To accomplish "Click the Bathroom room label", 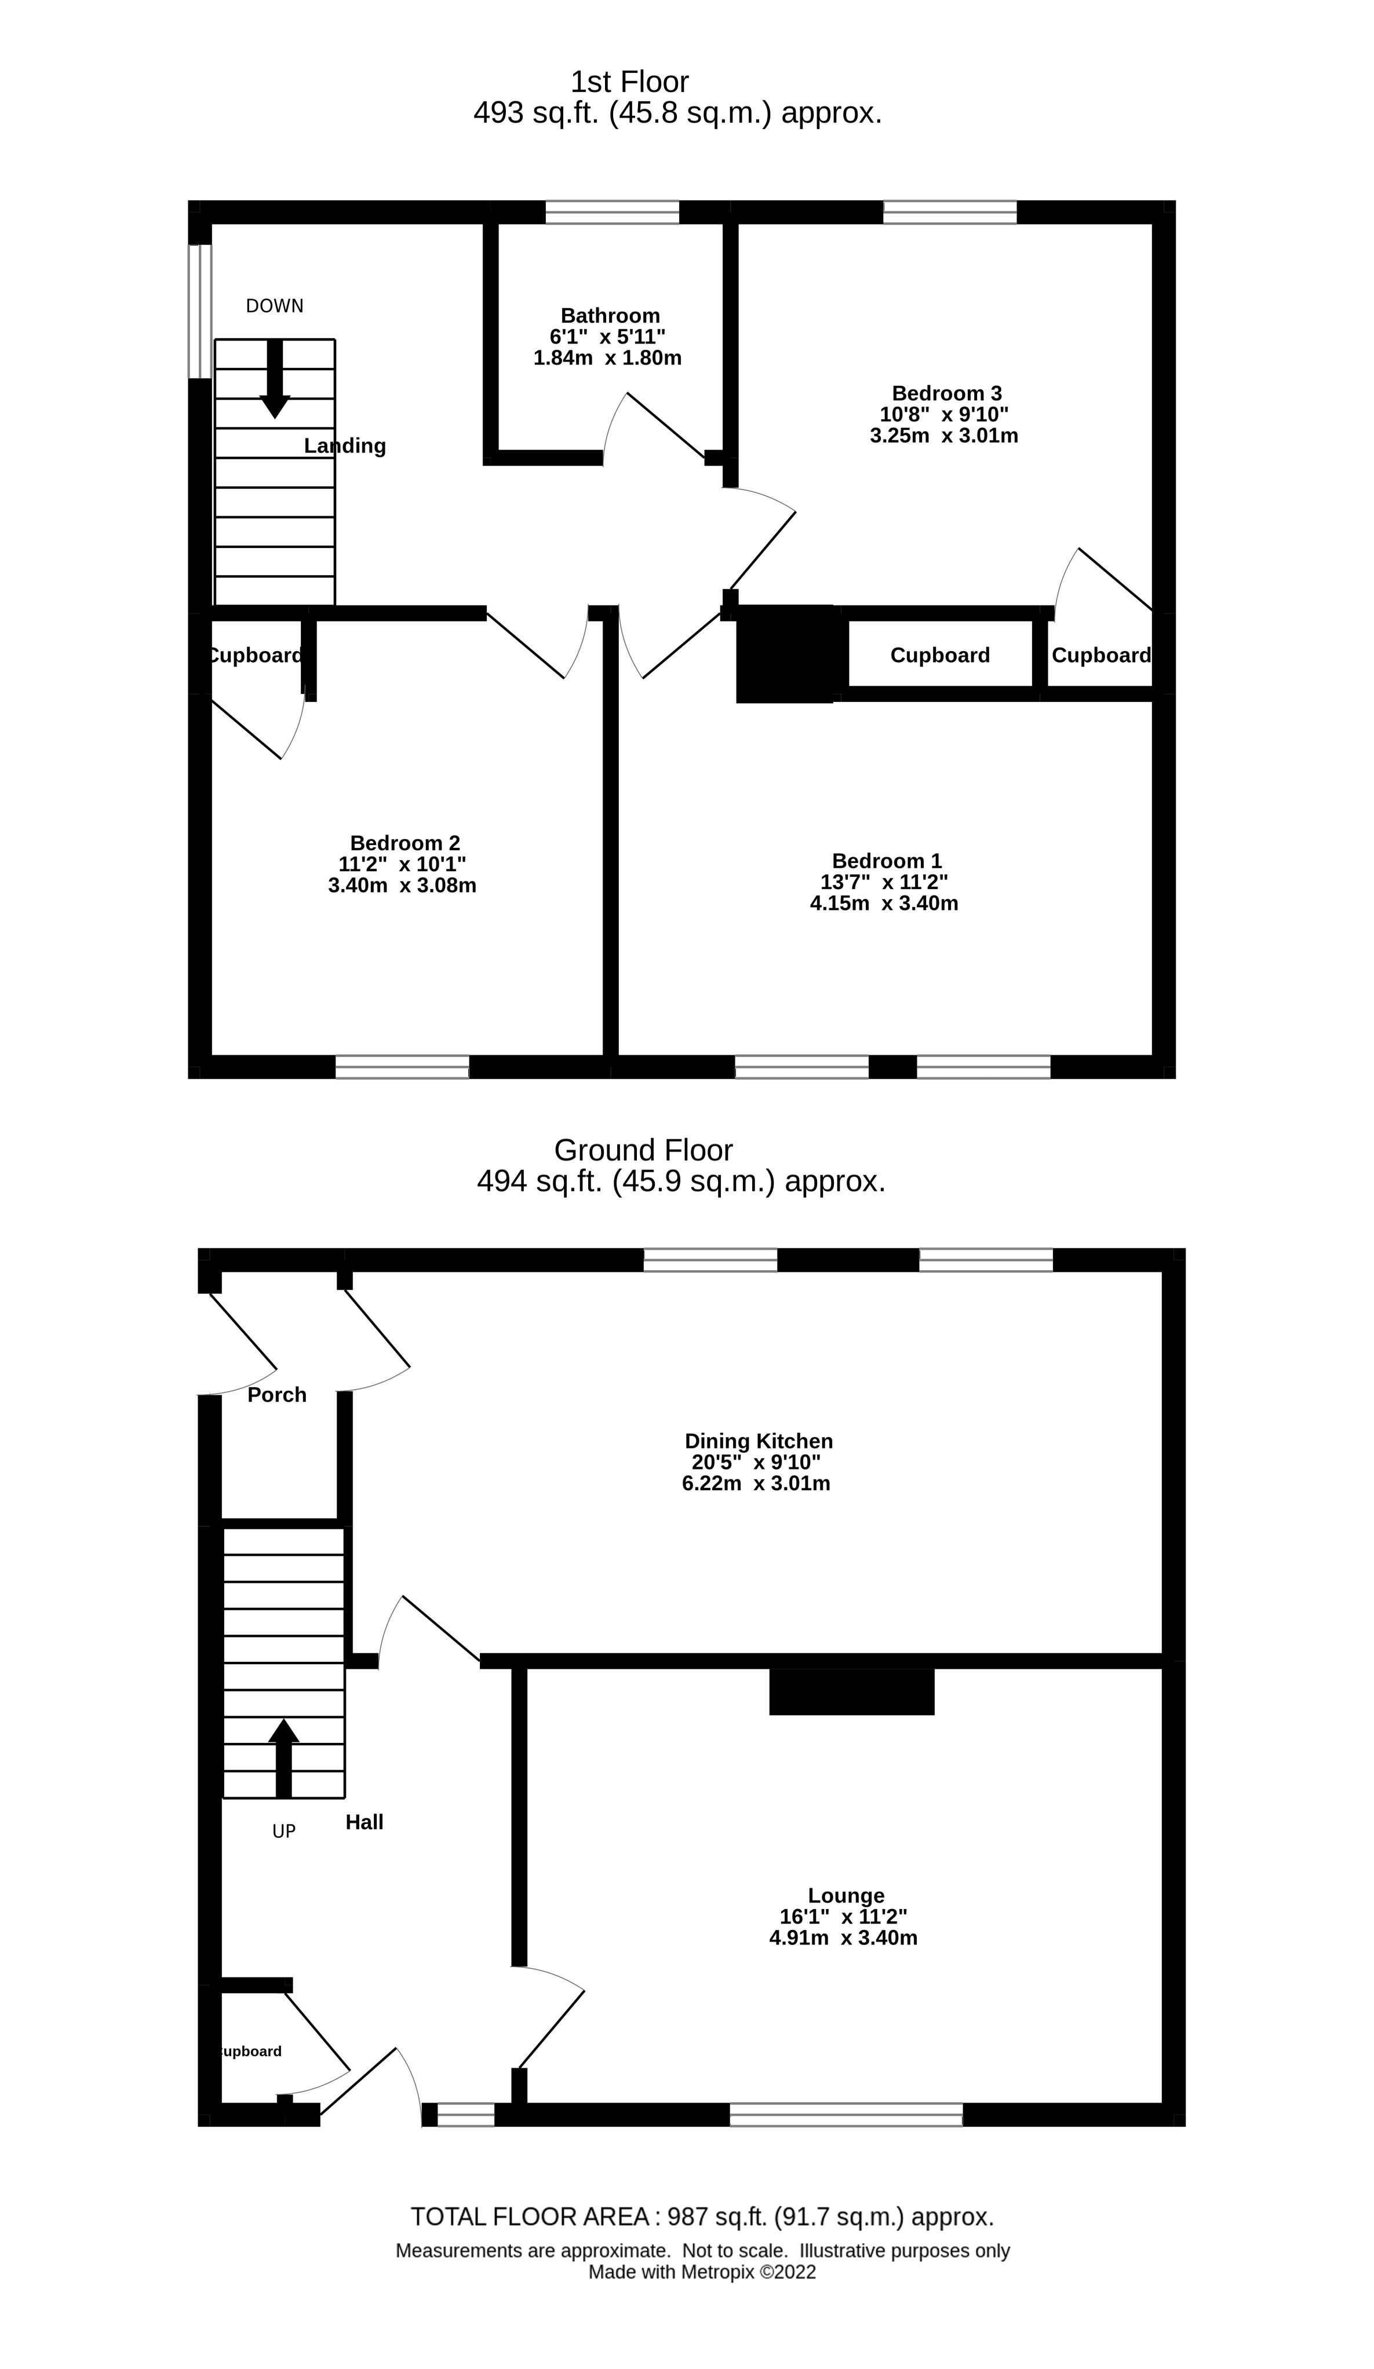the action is pos(610,316).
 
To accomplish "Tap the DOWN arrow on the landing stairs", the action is pos(275,378).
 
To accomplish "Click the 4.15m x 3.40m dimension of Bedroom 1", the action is pos(884,904).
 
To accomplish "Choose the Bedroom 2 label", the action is pos(404,843).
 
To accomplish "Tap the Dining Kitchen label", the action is pos(758,1441).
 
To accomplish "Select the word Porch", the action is pos(276,1395).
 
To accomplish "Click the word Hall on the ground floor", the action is pos(364,1822).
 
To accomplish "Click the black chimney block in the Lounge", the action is pos(851,1691).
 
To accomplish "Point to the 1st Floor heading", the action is pos(629,82).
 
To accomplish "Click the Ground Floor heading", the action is pos(643,1150).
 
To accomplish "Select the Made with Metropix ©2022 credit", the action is pos(702,2272).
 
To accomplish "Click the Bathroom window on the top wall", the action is pos(612,211).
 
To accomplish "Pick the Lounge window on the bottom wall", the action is pos(847,2114).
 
